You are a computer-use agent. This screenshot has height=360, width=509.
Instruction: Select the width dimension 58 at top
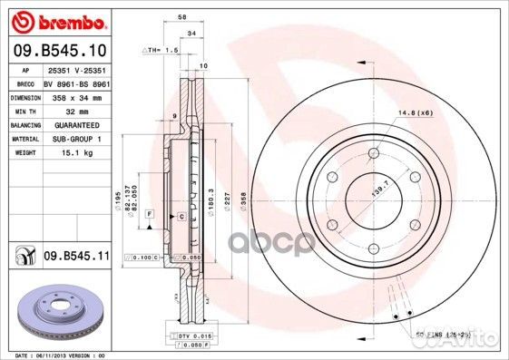pyautogui.click(x=182, y=17)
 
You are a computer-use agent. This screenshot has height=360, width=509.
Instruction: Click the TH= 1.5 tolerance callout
pyautogui.click(x=159, y=51)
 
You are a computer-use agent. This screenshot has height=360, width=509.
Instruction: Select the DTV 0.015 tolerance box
pyautogui.click(x=180, y=337)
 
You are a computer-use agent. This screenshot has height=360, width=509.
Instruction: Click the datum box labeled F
pyautogui.click(x=148, y=212)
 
